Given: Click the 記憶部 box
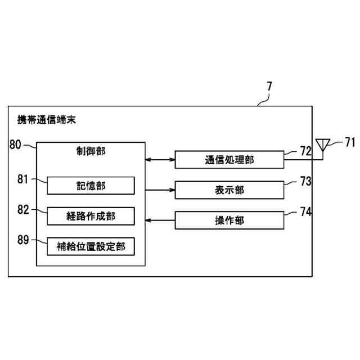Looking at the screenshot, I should pyautogui.click(x=91, y=186).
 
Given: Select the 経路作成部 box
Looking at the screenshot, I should pyautogui.click(x=91, y=216).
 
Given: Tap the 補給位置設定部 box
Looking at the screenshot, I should pyautogui.click(x=91, y=246).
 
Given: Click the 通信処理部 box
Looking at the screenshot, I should pyautogui.click(x=229, y=160).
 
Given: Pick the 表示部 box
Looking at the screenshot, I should pyautogui.click(x=229, y=190).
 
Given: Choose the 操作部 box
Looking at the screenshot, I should pyautogui.click(x=229, y=220).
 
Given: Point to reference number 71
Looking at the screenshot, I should pyautogui.click(x=350, y=142).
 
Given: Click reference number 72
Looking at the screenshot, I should pyautogui.click(x=305, y=151).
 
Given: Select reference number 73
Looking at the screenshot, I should pyautogui.click(x=305, y=181).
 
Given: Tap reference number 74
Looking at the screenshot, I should pyautogui.click(x=305, y=211).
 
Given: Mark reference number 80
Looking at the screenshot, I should pyautogui.click(x=16, y=144).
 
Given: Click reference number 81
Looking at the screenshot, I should pyautogui.click(x=22, y=179).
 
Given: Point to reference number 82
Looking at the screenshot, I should pyautogui.click(x=22, y=210).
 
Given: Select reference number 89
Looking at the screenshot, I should pyautogui.click(x=22, y=240).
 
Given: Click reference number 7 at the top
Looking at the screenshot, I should pyautogui.click(x=269, y=87).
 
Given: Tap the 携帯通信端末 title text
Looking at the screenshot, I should pyautogui.click(x=47, y=120).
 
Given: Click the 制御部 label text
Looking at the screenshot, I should pyautogui.click(x=91, y=151).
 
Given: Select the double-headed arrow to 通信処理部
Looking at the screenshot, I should pyautogui.click(x=160, y=160).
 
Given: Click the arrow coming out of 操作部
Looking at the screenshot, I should pyautogui.click(x=160, y=220).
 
